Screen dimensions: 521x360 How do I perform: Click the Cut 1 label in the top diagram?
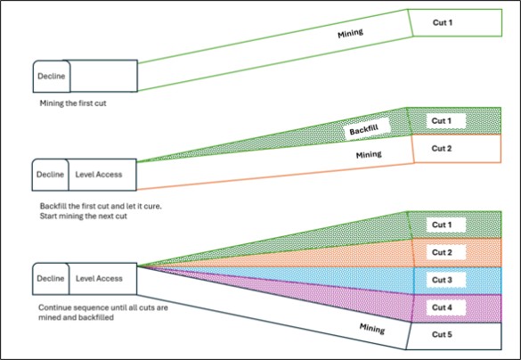coord(443,22)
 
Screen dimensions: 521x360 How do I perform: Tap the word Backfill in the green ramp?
coord(364,128)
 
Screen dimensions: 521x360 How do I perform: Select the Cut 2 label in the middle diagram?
coord(442,148)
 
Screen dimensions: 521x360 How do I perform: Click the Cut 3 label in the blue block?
coord(442,280)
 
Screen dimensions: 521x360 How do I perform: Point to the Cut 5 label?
coord(442,334)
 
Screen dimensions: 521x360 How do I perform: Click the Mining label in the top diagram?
coord(351,33)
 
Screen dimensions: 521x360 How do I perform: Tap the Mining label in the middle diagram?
coord(369,154)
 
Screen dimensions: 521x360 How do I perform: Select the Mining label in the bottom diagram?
coord(372,329)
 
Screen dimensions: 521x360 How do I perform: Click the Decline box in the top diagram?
coord(52,76)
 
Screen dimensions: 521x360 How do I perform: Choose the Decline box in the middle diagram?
coord(51,175)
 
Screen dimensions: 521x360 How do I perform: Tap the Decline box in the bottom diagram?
coord(51,279)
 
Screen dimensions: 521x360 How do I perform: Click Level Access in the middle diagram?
coord(99,175)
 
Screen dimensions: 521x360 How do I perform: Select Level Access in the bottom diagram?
coord(99,279)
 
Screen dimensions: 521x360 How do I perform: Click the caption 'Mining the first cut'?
coord(73,103)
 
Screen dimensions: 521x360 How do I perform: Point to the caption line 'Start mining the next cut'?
coord(84,216)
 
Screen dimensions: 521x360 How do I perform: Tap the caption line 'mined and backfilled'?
coord(76,317)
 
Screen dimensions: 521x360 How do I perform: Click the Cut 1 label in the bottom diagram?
coord(442,225)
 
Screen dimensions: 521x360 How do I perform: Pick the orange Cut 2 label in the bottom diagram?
coord(442,252)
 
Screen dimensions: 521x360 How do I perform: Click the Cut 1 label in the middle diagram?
coord(441,120)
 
